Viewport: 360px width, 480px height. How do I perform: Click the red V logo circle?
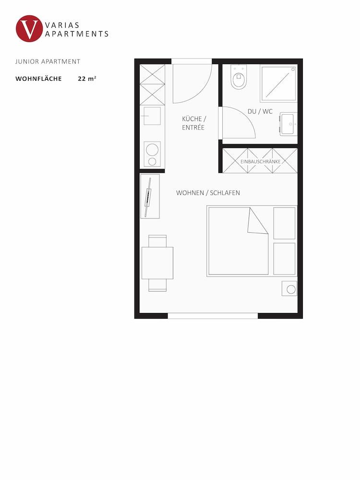click(x=29, y=29)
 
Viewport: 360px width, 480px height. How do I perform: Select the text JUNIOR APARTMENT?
click(x=48, y=61)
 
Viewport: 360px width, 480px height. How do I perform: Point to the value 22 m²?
click(x=87, y=79)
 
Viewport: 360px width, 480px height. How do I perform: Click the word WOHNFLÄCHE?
click(x=39, y=79)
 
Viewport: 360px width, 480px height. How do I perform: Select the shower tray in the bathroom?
click(x=278, y=83)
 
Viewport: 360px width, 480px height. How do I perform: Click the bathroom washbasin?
click(x=288, y=124)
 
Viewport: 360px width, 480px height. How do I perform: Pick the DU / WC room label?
click(x=260, y=111)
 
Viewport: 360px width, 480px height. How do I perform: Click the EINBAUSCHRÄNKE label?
click(x=260, y=161)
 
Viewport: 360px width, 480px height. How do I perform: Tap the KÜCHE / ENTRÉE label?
click(x=193, y=123)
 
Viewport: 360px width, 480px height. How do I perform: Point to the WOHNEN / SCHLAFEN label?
click(x=208, y=193)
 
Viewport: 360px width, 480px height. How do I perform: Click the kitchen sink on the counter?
click(x=152, y=116)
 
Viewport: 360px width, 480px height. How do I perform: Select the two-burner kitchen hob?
click(x=152, y=154)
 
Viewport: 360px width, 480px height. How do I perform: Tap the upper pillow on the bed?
click(x=284, y=223)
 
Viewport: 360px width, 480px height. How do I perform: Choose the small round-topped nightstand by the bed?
click(x=289, y=288)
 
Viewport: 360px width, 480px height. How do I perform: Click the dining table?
click(x=157, y=263)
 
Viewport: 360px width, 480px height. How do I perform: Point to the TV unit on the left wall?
click(x=150, y=196)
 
